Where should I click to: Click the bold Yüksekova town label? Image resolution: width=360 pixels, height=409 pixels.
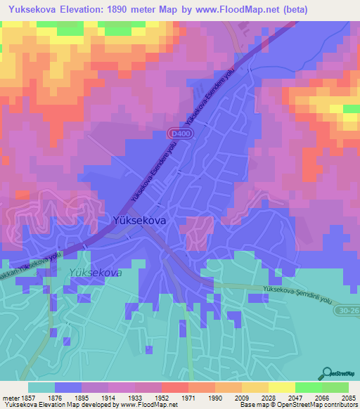tap(139, 220)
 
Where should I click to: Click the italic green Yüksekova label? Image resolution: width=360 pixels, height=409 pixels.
tap(96, 273)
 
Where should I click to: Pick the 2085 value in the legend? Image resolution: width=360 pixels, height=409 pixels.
tap(347, 398)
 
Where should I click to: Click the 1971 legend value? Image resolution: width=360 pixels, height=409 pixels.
tap(188, 398)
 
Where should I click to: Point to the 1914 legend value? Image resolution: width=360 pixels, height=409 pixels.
tap(108, 398)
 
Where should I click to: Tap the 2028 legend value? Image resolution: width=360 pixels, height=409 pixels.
tap(268, 398)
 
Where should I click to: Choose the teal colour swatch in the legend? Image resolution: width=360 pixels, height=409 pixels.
tap(41, 387)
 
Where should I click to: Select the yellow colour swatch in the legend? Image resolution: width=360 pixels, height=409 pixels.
tap(281, 387)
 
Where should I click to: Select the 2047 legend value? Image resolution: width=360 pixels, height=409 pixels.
tap(295, 398)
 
